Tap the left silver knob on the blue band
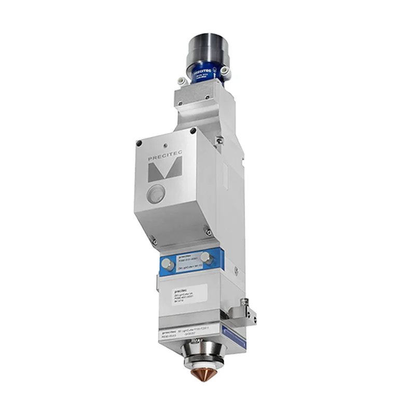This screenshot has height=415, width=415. point(166,264)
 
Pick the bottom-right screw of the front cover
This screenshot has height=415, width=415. point(206,226)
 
